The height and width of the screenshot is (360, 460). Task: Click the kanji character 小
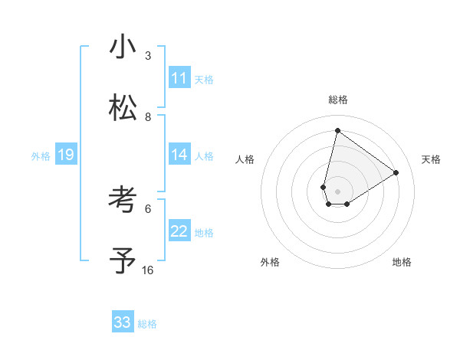coord(123,47)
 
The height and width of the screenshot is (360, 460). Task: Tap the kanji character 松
coord(123,108)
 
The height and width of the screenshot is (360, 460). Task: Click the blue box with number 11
coord(179,78)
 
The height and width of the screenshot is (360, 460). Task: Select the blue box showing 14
coord(179,155)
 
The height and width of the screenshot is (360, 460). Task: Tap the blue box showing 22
coord(179,231)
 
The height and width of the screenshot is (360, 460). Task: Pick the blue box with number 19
coord(65,155)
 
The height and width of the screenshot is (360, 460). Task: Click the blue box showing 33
coord(123,322)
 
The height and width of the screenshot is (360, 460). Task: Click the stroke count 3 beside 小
coord(148,55)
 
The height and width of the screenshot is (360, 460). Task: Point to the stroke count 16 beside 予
coord(148,270)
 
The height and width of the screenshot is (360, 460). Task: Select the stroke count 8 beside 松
coord(148,116)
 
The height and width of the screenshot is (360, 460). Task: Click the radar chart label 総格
coord(337,100)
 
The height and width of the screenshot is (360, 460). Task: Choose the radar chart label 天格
coord(432,159)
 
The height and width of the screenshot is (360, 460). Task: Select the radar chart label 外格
coord(270,262)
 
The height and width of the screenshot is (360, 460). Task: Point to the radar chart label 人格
coord(245,159)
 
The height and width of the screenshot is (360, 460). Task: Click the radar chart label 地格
coord(402,262)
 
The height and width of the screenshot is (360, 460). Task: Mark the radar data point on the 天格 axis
coord(396,172)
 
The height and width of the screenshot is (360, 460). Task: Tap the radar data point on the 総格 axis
coord(337,130)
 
